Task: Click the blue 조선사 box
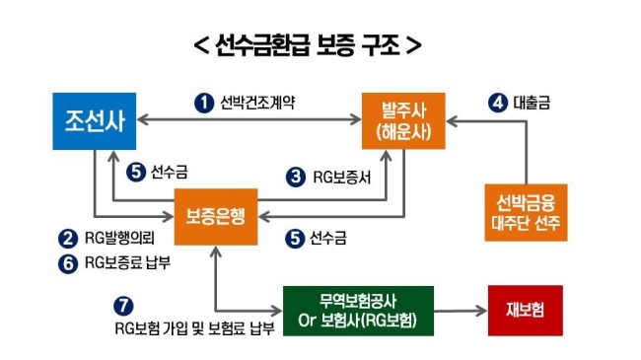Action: coord(95,121)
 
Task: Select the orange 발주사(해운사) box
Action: coord(403,121)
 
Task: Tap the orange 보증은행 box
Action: coord(216,217)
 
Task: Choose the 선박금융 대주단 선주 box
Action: coord(526,212)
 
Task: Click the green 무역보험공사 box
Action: coord(358,311)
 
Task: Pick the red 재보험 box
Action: coord(526,311)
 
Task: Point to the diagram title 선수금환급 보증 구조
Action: coord(308,44)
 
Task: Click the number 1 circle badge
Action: coord(204,103)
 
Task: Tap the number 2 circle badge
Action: coord(68,239)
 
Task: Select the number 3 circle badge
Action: coord(296,178)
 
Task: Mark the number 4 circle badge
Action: coord(498,103)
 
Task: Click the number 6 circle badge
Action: coord(68,263)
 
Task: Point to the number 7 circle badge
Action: coord(123,306)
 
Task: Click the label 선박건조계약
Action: coord(257,103)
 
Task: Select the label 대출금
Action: coord(532,103)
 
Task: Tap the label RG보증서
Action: coord(342,178)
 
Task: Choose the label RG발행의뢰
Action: coord(119,238)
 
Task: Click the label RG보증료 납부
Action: coord(127,262)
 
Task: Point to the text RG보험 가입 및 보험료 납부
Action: coord(194,328)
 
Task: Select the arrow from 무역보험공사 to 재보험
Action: coord(461,311)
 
